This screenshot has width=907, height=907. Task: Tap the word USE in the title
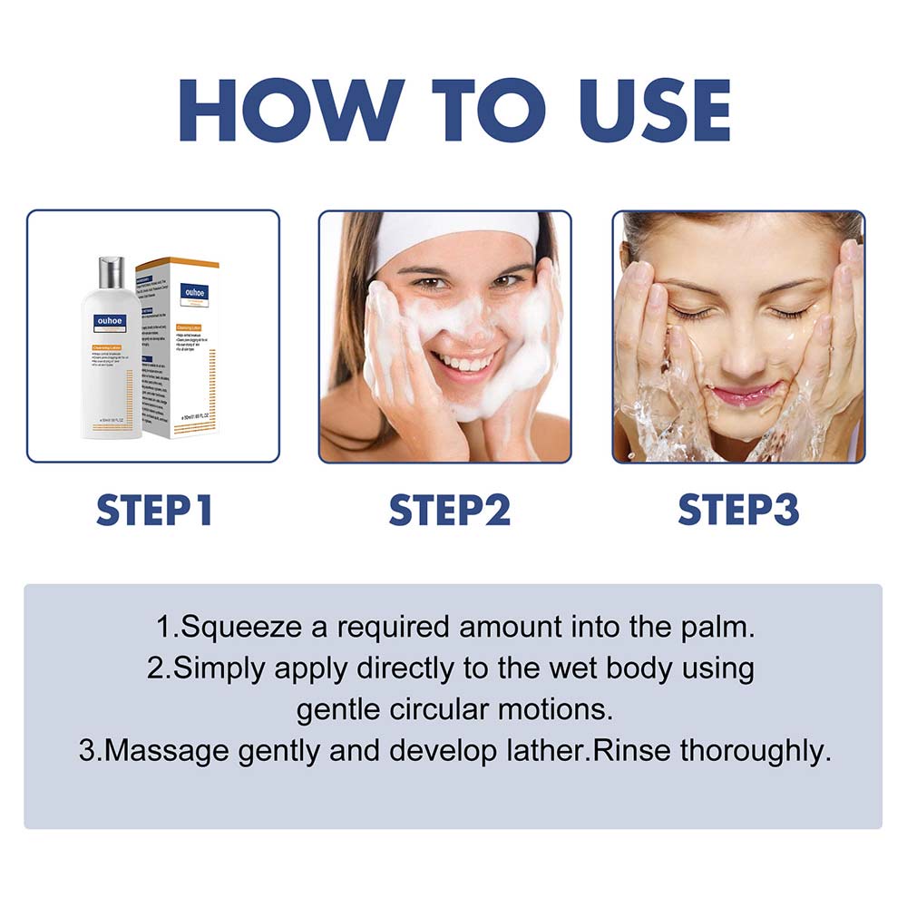[x=638, y=111]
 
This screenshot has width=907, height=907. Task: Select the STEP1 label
[x=154, y=510]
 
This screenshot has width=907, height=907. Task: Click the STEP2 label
[x=450, y=510]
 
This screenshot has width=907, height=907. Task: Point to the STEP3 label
[x=738, y=510]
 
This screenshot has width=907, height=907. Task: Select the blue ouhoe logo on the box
[x=194, y=292]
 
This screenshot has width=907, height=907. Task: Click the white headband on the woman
[x=453, y=233]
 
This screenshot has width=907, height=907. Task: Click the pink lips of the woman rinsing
[x=745, y=394]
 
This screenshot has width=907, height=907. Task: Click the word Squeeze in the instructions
[x=230, y=628]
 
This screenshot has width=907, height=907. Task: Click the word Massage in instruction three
[x=155, y=752]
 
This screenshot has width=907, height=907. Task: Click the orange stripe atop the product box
[x=178, y=262]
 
